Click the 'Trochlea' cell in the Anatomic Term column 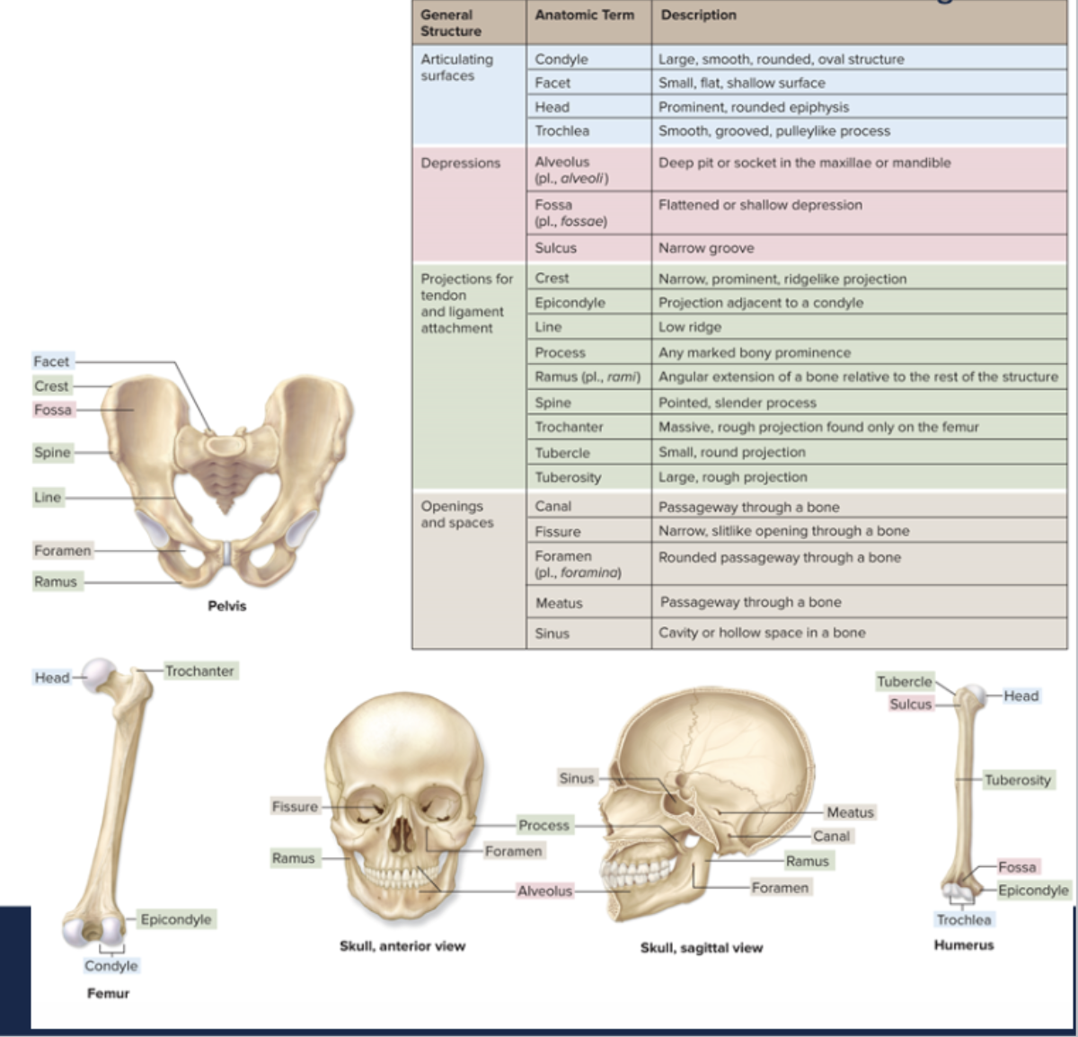point(562,131)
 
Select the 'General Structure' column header point(451,22)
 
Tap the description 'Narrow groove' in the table point(706,248)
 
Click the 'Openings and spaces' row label point(456,515)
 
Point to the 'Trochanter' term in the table point(569,427)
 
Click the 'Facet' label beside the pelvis point(51,361)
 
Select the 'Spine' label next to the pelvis point(52,452)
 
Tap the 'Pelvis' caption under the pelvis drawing point(226,606)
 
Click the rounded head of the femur point(99,673)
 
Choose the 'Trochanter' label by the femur point(199,671)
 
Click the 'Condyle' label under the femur point(111,966)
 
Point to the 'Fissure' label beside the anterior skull point(295,807)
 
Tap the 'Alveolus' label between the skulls point(544,891)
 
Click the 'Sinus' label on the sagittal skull point(577,778)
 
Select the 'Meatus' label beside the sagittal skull point(850,812)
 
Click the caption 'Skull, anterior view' point(402,945)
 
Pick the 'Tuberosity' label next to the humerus point(1017,780)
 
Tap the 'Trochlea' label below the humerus point(964,920)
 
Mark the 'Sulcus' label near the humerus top point(911,705)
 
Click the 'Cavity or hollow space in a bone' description point(762,633)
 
